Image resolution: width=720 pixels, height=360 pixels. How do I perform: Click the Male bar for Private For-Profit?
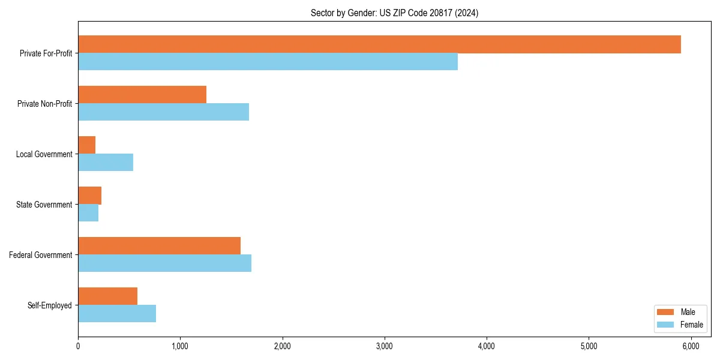379,44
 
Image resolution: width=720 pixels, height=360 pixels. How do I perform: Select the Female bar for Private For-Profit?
268,62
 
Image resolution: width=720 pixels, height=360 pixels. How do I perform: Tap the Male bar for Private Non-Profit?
142,95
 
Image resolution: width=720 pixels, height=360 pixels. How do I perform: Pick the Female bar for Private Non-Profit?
163,112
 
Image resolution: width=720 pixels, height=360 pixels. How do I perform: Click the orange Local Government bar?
87,145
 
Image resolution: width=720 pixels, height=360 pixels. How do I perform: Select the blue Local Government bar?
106,163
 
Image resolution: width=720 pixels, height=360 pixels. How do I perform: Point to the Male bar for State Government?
90,196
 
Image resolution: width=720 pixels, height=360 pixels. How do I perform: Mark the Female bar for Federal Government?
164,263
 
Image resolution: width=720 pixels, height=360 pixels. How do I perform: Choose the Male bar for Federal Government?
159,246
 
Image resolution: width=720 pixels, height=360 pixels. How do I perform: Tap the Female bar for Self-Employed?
117,314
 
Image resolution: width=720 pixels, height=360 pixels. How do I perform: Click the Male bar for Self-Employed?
108,296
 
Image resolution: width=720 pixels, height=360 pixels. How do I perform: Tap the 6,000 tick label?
691,346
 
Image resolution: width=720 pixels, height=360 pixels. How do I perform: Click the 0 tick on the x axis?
78,346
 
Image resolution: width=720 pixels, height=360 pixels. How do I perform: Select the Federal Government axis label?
41,255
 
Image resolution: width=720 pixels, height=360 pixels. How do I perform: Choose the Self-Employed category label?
50,305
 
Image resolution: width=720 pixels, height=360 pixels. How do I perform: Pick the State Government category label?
44,205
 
